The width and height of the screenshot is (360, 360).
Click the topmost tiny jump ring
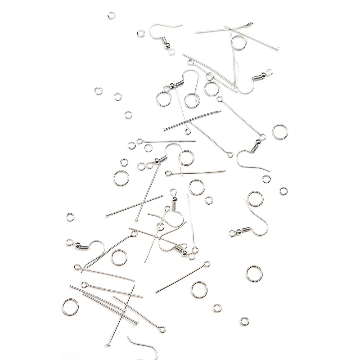click(x=112, y=16)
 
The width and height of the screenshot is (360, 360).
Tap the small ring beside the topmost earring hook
click(x=141, y=33)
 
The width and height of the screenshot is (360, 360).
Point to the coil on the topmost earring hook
click(x=164, y=45)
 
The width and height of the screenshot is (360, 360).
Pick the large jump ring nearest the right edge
click(x=279, y=131)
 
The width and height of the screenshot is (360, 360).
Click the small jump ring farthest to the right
click(x=282, y=191)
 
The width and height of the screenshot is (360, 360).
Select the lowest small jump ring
click(x=244, y=321)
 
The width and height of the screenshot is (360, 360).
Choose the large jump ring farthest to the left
click(x=71, y=306)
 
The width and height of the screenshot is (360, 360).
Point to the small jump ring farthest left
click(x=70, y=217)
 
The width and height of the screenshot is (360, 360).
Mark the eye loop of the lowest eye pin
click(x=163, y=330)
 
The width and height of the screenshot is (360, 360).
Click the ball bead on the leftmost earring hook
click(x=69, y=242)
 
